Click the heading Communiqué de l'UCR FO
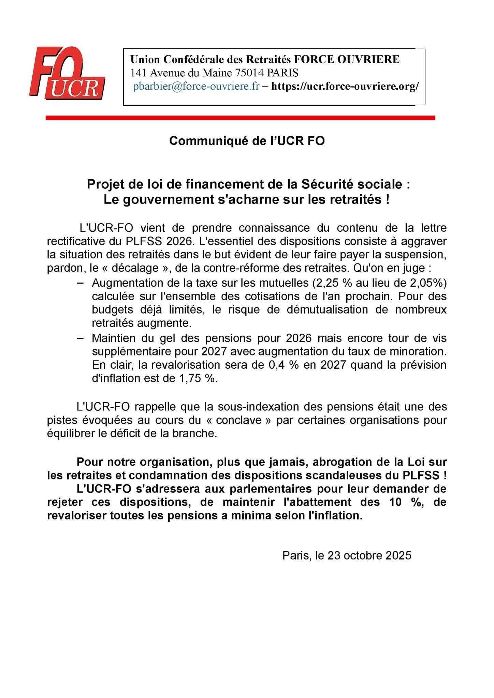pyautogui.click(x=247, y=141)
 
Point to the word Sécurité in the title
pyautogui.click(x=326, y=184)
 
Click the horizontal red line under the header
pyautogui.click(x=241, y=118)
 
